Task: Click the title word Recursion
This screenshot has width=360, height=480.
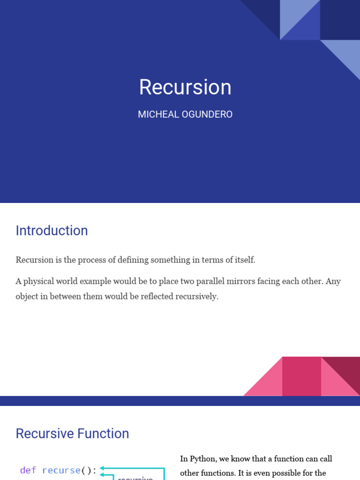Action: click(x=185, y=88)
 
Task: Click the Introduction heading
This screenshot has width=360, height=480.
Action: click(x=52, y=231)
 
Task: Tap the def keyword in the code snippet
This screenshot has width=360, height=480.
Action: click(x=28, y=470)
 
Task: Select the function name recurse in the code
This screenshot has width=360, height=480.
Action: click(x=61, y=470)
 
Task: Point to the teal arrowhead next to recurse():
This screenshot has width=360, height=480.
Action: click(x=102, y=468)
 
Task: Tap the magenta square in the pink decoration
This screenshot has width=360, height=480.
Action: click(x=301, y=376)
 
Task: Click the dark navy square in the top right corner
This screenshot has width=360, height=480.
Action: click(x=340, y=20)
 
